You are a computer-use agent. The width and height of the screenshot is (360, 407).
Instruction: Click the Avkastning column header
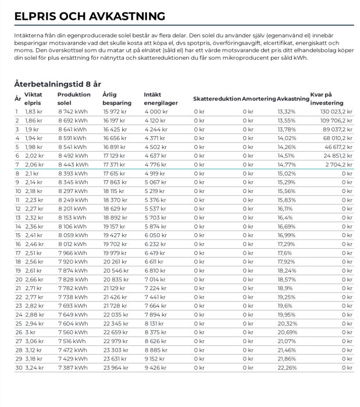point(293,99)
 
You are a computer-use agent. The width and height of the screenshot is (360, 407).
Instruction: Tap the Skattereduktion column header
point(216,99)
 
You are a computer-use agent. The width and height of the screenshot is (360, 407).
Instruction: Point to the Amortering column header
point(259,99)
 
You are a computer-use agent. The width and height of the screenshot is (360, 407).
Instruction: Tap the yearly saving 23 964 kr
point(115,367)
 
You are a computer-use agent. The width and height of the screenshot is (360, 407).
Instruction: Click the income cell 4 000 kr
point(156,112)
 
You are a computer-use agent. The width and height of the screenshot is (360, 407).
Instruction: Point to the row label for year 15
point(17,235)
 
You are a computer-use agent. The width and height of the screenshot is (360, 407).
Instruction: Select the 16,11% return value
point(285,208)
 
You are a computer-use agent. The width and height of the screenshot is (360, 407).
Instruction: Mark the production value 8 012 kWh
point(72,244)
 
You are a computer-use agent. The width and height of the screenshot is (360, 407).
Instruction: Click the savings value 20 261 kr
point(115,262)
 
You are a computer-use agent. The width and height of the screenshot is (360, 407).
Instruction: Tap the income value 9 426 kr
point(156,367)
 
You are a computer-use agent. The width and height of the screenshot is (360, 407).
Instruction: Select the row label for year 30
point(17,367)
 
